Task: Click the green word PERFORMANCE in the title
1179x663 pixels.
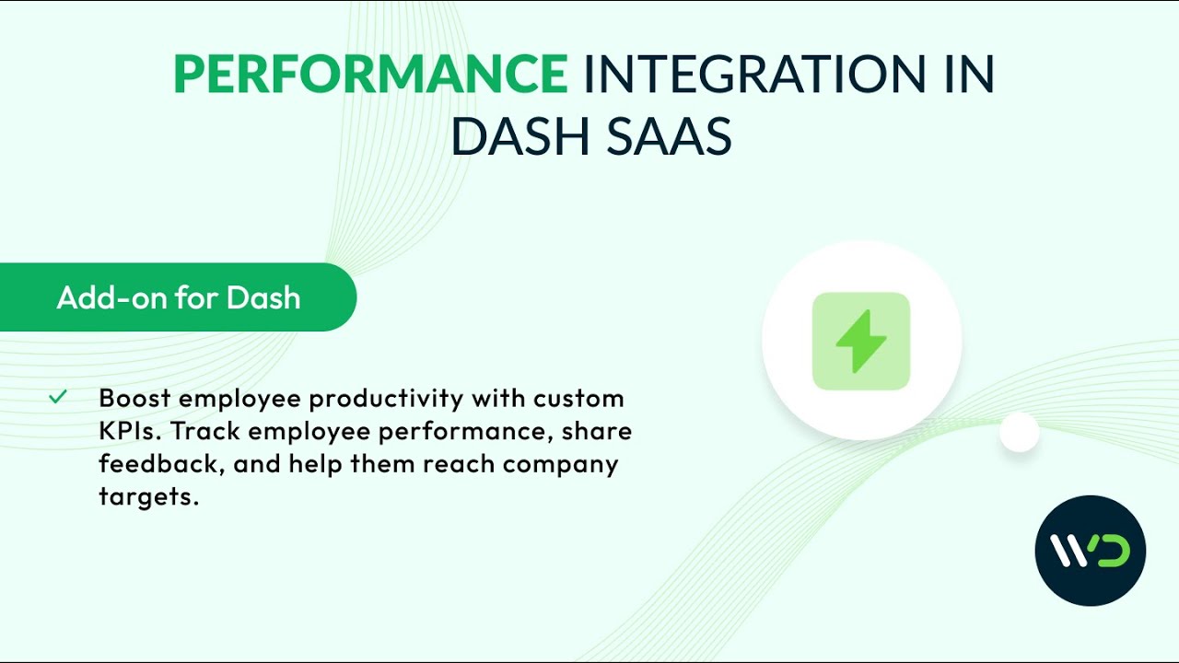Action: tap(370, 76)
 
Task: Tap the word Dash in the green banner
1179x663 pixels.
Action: tap(263, 297)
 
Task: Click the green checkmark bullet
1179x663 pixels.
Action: tap(58, 397)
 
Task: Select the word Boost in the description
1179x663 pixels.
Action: tap(134, 398)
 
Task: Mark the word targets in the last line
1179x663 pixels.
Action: tap(148, 498)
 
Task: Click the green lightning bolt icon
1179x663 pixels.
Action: tap(861, 341)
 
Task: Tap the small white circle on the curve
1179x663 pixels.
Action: tap(1020, 432)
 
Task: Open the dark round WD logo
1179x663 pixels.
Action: tap(1090, 551)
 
